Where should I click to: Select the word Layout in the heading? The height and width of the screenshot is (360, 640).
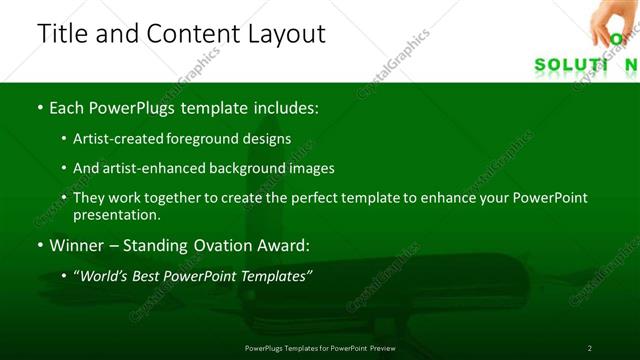[x=285, y=33]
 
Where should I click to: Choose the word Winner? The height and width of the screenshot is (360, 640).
[x=74, y=245]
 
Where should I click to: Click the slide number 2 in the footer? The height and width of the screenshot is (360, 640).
[x=589, y=347]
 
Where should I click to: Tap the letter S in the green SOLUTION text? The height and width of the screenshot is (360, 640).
[x=541, y=65]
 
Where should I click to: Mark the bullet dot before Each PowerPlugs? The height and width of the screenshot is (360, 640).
[x=39, y=107]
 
